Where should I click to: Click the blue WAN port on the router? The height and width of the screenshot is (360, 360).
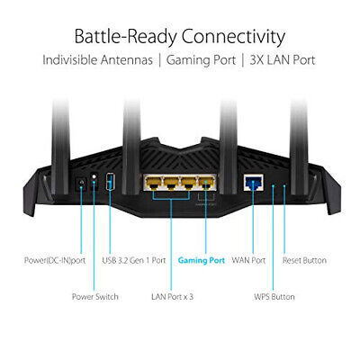tap(254, 182)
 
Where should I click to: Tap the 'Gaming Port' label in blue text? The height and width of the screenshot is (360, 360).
tap(202, 260)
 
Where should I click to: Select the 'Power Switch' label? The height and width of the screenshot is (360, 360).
tap(95, 297)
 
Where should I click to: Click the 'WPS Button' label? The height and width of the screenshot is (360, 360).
tap(274, 297)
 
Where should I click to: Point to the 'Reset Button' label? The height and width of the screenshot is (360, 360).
tap(304, 260)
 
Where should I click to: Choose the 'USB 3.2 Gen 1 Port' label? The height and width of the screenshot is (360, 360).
tap(134, 260)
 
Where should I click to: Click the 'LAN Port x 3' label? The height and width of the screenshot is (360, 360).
tap(172, 297)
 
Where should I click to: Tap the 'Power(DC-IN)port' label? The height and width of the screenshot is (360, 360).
tap(55, 260)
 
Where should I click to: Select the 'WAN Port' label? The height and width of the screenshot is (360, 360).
tap(248, 260)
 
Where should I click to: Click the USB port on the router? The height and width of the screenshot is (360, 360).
tap(110, 181)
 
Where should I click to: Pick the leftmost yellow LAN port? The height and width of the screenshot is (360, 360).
tap(154, 183)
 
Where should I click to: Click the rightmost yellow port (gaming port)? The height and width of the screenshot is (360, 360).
tap(206, 183)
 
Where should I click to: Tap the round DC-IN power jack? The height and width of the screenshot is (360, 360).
tap(81, 182)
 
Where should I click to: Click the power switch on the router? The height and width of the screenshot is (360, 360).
tap(94, 180)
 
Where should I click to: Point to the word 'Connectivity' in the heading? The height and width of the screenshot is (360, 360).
tap(233, 37)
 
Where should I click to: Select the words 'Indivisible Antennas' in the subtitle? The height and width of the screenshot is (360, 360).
tap(97, 59)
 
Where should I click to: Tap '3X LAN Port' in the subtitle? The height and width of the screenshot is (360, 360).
tap(283, 60)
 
